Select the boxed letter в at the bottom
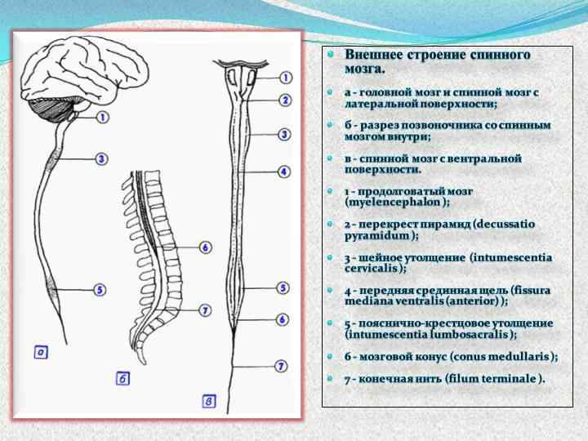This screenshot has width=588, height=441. tap(210, 400)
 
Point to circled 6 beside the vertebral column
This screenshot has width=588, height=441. tap(205, 247)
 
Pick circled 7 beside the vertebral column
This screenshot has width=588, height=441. tap(205, 310)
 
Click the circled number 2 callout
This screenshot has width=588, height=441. tap(284, 100)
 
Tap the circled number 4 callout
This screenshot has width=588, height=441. tap(283, 172)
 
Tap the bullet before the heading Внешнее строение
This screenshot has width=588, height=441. tap(331, 55)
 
